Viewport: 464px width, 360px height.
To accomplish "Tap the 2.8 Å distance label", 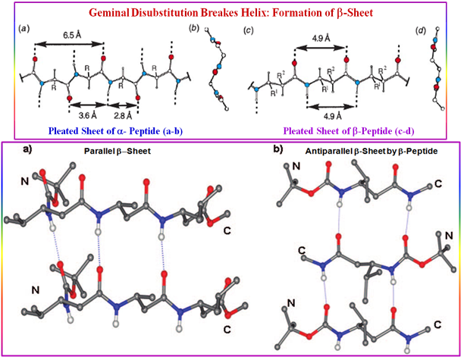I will point(124,116).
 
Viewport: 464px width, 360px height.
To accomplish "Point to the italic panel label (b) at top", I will point(195,30).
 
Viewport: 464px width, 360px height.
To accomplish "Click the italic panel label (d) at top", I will point(422,30).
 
